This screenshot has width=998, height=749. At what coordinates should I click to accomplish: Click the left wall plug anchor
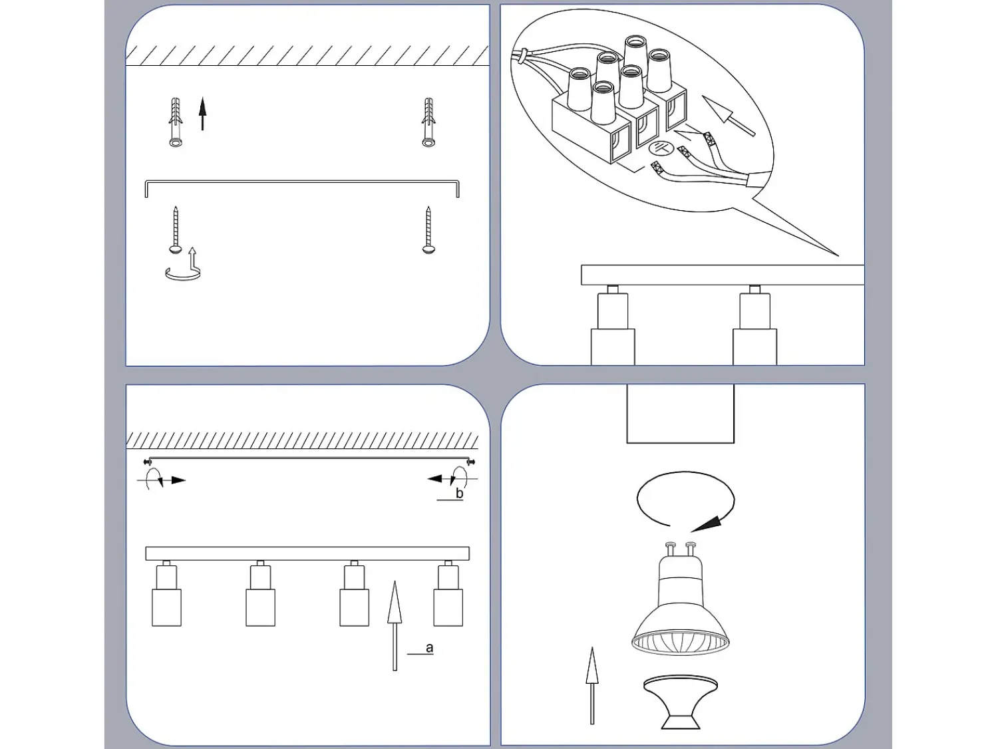tap(176, 122)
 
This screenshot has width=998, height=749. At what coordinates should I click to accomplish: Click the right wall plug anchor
tap(428, 122)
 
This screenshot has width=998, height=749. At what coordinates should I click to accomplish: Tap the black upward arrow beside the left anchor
tap(203, 114)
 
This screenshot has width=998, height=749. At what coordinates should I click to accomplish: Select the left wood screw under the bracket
tap(176, 229)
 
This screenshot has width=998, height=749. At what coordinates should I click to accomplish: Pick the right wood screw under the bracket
tap(428, 229)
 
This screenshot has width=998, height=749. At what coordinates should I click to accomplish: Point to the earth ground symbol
tap(660, 148)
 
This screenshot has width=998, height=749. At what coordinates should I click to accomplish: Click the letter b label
tap(460, 493)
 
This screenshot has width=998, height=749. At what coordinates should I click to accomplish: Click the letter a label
tap(429, 647)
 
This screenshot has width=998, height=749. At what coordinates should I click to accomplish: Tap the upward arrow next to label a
tap(394, 625)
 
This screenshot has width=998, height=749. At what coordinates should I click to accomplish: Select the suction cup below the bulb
tap(680, 701)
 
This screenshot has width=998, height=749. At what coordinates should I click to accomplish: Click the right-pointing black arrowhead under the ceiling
tap(179, 480)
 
